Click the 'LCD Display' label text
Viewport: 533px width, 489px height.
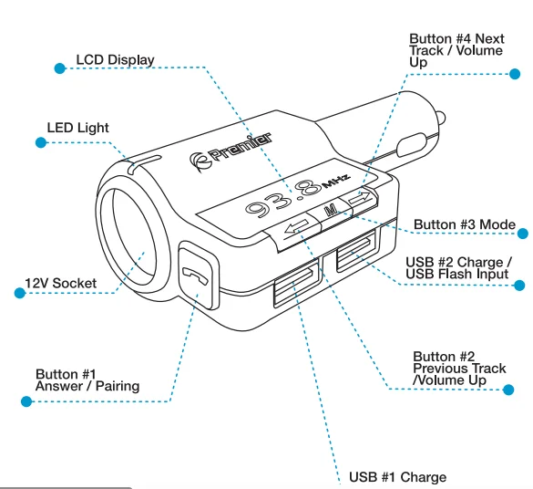point(115,60)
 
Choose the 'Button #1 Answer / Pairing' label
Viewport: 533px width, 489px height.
point(87,380)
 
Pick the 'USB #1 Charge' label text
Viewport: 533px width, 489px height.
point(397,477)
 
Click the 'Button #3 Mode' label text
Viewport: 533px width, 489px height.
point(464,224)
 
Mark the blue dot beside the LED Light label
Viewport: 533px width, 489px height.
point(39,142)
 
